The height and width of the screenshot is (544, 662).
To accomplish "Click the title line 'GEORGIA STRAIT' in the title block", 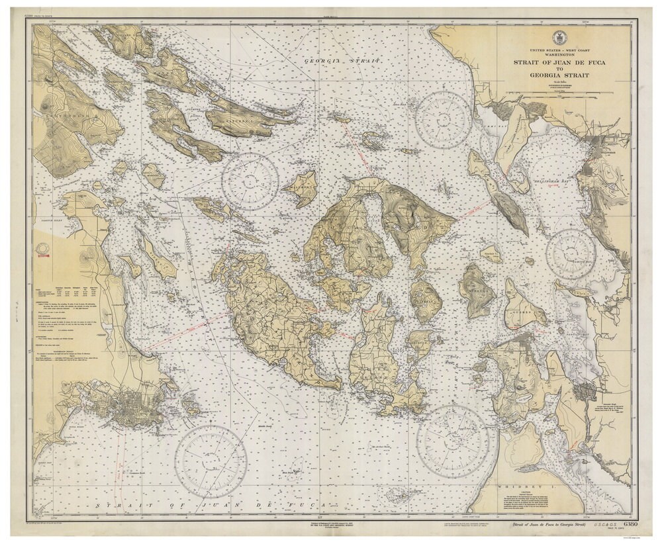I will [x=556, y=74].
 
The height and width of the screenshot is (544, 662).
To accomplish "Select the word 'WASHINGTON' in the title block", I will [x=556, y=55].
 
